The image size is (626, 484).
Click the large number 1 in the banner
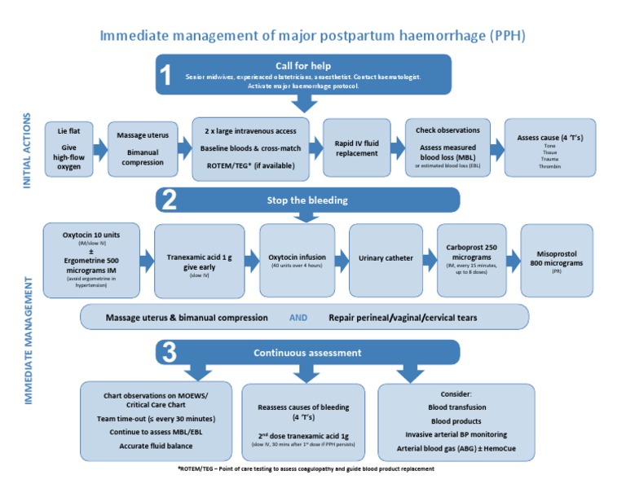[165, 76]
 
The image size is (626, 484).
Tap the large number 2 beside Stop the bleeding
[167, 200]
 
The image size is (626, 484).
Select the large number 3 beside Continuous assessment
[167, 352]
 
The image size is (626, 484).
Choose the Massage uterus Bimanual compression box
[143, 147]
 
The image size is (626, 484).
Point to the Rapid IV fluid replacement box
[356, 147]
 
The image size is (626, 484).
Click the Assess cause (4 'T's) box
[544, 147]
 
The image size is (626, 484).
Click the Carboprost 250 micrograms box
[471, 259]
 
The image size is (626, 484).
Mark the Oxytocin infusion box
[297, 259]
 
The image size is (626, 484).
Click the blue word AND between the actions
[299, 316]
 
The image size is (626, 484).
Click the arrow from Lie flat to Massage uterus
[100, 148]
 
